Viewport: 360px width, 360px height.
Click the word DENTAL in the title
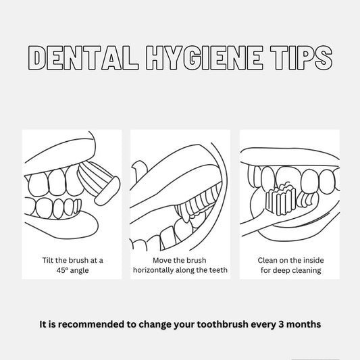[83, 57]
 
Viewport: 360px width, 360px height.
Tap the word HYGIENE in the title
[205, 57]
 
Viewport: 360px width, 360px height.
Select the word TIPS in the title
[301, 57]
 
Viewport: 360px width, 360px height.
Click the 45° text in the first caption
[62, 270]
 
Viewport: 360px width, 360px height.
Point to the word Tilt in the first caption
[48, 260]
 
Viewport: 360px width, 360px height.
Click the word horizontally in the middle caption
[153, 270]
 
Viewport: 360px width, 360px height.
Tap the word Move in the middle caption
[162, 260]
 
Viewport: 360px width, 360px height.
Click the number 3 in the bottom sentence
[281, 324]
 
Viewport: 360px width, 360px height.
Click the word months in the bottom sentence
[303, 324]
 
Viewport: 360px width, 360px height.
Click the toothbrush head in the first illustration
[107, 191]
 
